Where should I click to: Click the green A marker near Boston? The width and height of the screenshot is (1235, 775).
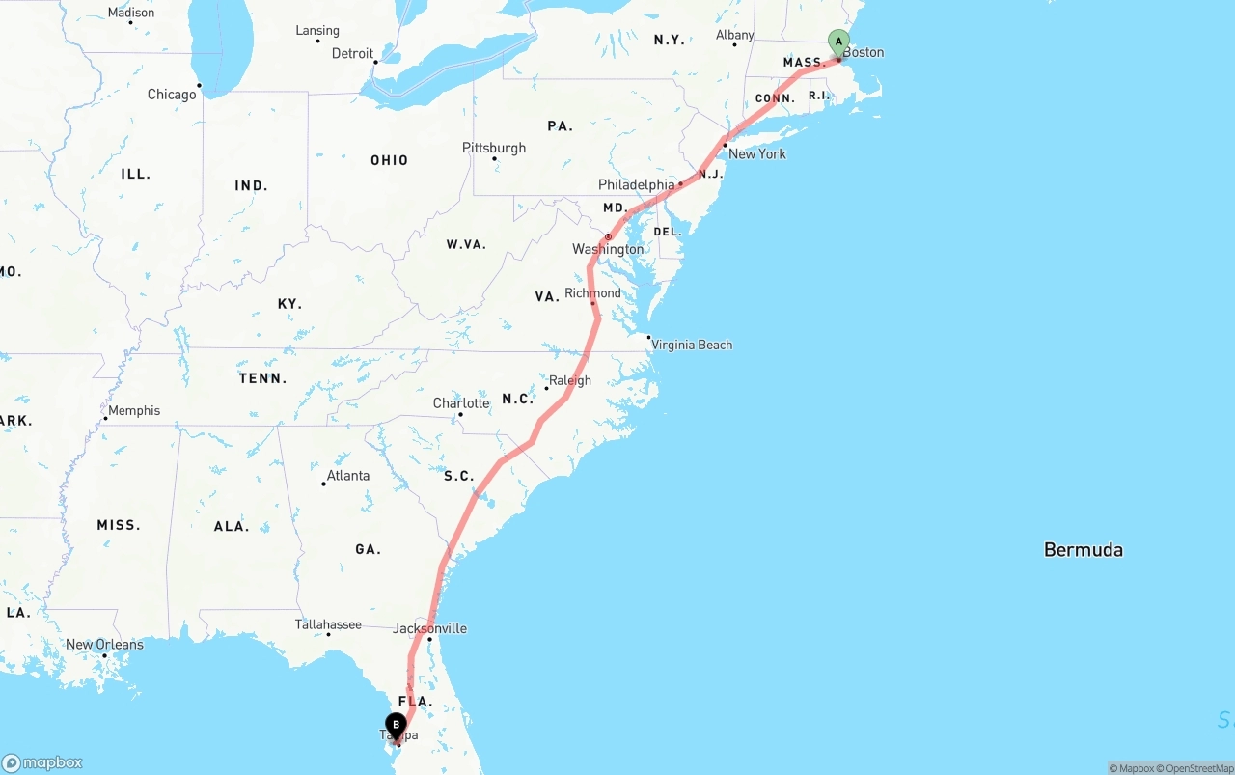[838, 42]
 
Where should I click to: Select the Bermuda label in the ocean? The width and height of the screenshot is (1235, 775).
[1083, 550]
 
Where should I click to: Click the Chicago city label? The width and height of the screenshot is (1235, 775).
[172, 95]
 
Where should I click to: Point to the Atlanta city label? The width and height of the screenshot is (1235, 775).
[347, 475]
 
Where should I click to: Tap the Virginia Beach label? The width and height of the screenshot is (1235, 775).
[691, 345]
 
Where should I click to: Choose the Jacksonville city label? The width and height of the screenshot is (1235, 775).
[429, 628]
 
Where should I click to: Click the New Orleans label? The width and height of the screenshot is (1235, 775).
[104, 644]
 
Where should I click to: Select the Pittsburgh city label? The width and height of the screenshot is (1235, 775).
[494, 148]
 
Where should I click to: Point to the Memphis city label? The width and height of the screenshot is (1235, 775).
[134, 410]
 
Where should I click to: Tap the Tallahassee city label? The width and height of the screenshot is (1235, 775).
[328, 624]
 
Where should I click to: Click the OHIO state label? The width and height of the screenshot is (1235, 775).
[389, 160]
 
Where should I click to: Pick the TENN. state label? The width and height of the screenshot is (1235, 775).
[262, 378]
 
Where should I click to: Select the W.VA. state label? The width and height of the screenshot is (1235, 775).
[466, 244]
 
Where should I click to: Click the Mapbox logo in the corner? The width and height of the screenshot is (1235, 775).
[42, 762]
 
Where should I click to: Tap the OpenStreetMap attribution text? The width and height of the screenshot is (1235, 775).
[1198, 768]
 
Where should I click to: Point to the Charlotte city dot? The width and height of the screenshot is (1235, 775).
[460, 415]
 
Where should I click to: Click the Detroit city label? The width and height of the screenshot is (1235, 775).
[352, 53]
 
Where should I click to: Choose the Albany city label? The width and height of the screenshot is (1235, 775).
[734, 35]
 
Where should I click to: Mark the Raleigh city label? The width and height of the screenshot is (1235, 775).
[569, 380]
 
